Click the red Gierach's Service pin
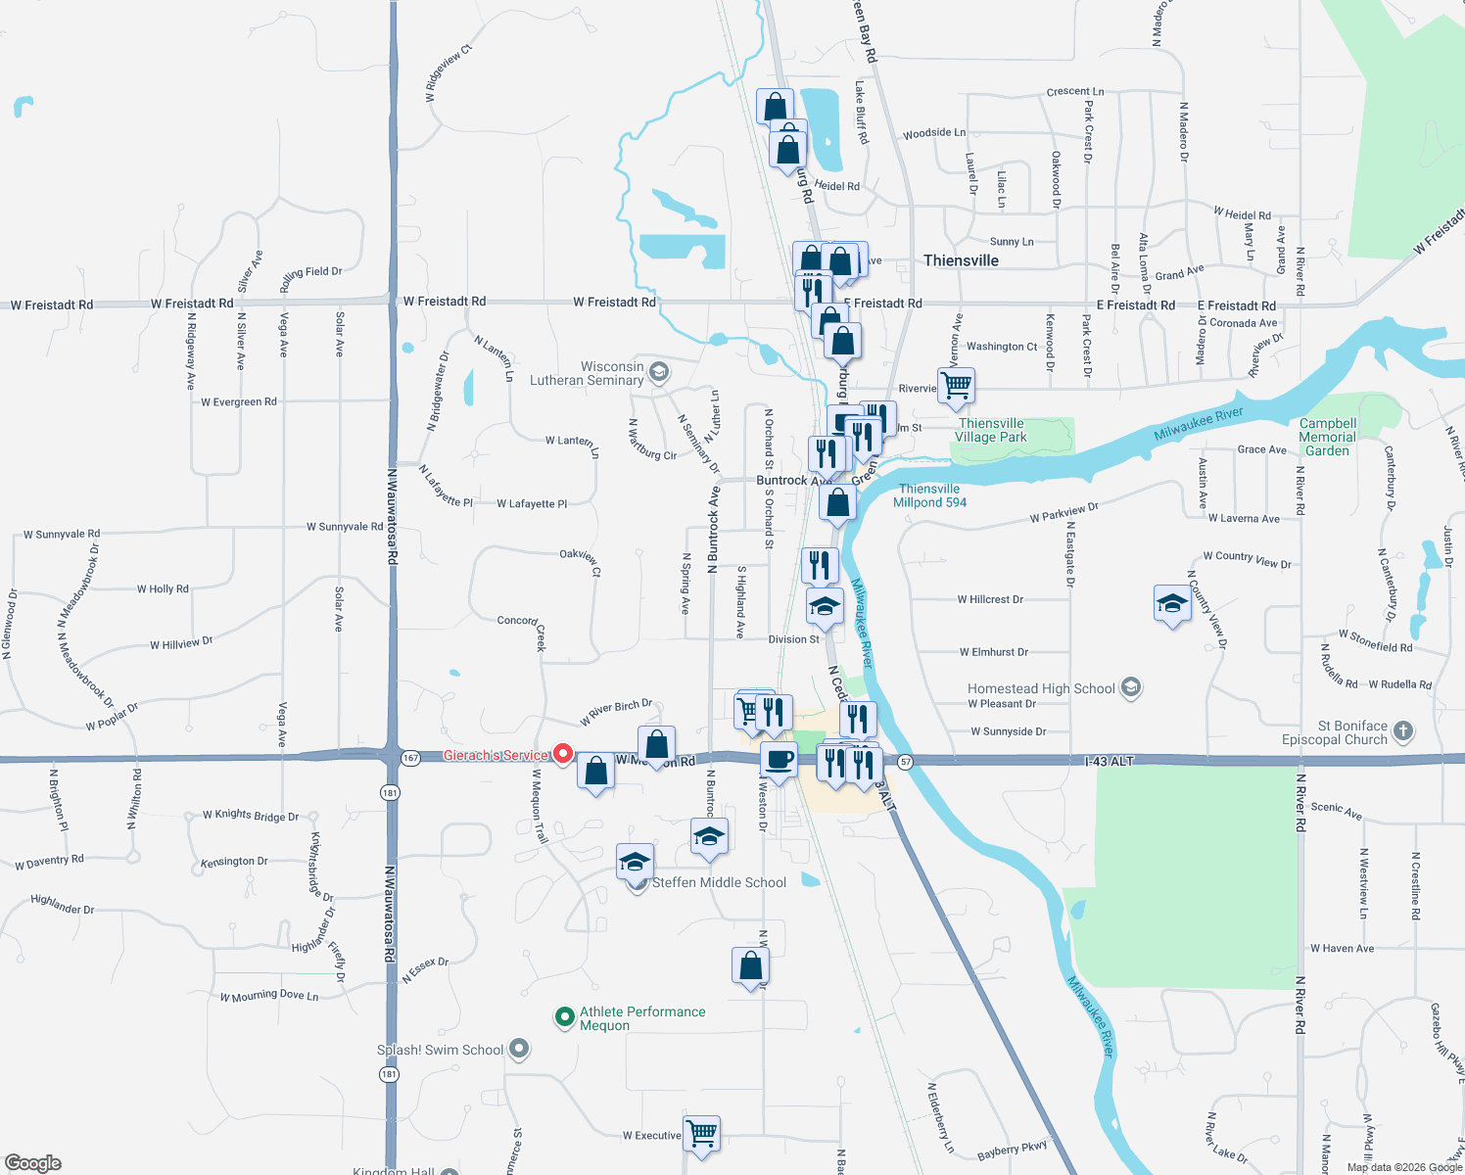[563, 754]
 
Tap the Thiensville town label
[961, 260]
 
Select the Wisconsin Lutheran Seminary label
[587, 373]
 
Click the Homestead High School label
[1041, 689]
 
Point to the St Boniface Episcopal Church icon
[1403, 730]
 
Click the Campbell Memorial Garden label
[1327, 438]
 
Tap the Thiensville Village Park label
[991, 431]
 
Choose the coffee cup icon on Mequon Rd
[780, 760]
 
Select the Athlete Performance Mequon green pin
[564, 1017]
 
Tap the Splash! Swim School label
[440, 1051]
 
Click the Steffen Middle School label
[719, 883]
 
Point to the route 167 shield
[410, 758]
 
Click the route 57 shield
[905, 762]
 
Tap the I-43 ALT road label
[1109, 761]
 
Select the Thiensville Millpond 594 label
[929, 495]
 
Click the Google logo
[32, 1163]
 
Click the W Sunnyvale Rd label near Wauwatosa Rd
[345, 527]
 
